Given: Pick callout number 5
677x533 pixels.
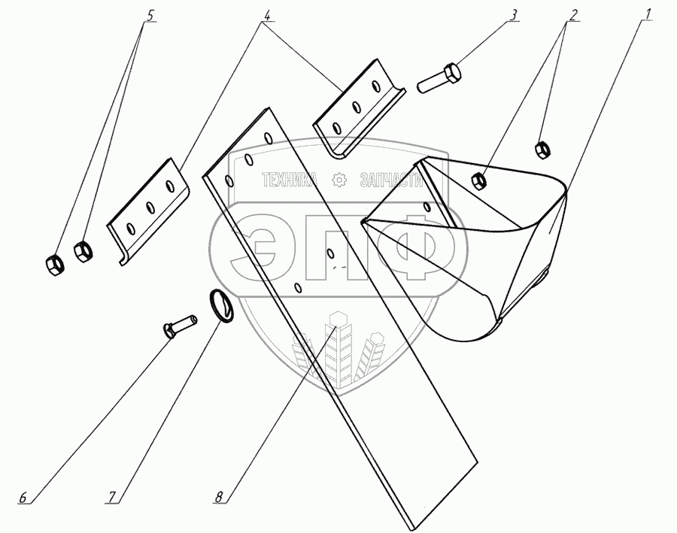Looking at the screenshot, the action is (x=150, y=14).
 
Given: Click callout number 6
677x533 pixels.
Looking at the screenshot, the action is (x=23, y=498).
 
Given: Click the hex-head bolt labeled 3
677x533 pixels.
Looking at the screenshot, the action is (x=439, y=77).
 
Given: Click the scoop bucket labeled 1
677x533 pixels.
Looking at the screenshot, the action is (x=481, y=248).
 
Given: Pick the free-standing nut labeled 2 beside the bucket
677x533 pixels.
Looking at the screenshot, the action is (x=540, y=149).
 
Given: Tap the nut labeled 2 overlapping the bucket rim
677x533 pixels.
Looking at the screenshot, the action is (x=476, y=180).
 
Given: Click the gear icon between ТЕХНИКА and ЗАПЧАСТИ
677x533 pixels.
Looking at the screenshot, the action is (x=338, y=180).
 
